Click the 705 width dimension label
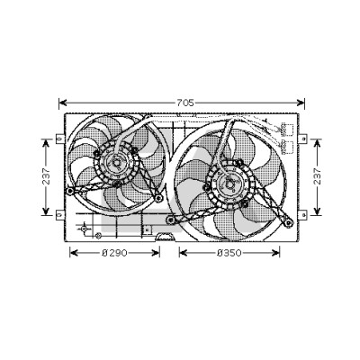[185, 103]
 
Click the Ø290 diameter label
[114, 253]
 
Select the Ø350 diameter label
[229, 253]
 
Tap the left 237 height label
[46, 176]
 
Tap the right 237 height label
[317, 176]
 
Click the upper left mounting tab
[60, 139]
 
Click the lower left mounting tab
[60, 214]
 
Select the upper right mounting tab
[303, 139]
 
